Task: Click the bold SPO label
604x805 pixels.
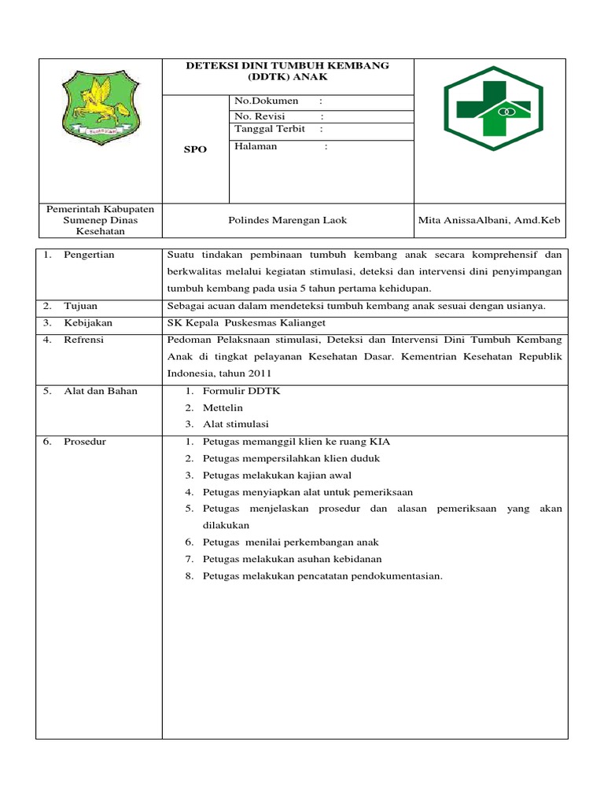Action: [195, 149]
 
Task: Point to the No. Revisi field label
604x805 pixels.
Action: [260, 116]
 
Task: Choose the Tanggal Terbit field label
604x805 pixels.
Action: [270, 129]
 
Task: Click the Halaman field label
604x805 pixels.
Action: [256, 146]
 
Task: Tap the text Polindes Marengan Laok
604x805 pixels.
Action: [287, 220]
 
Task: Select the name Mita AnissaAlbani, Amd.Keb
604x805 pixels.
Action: [490, 220]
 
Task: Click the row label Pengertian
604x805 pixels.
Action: [89, 255]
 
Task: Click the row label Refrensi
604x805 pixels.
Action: [84, 340]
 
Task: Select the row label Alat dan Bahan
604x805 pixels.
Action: [101, 391]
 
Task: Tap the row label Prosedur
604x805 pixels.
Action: [85, 442]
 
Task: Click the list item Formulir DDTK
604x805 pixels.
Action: [236, 391]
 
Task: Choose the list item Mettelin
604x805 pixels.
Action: [223, 407]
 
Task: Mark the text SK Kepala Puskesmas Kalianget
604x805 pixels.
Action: [247, 322]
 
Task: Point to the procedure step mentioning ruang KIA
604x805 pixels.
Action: [296, 442]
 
